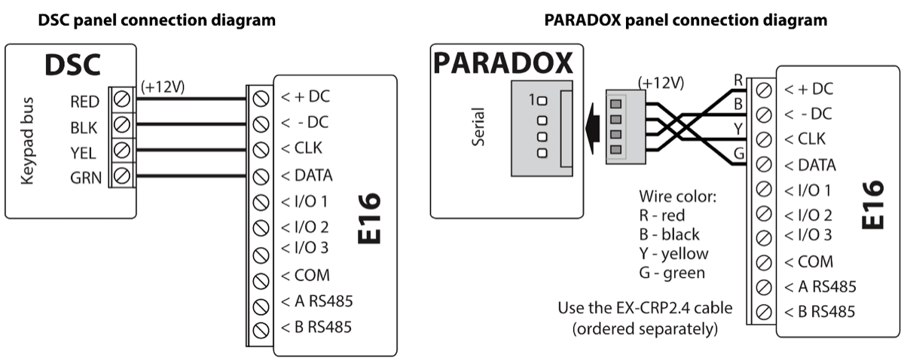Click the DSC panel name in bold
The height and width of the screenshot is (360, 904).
pos(72,66)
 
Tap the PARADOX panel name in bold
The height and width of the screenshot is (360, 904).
pos(503,63)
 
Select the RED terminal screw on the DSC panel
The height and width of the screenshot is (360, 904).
pos(122,99)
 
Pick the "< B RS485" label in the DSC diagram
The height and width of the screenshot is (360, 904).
pos(316,327)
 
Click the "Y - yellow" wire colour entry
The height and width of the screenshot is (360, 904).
pos(672,254)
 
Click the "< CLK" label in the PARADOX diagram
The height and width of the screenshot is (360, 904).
pos(805,139)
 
